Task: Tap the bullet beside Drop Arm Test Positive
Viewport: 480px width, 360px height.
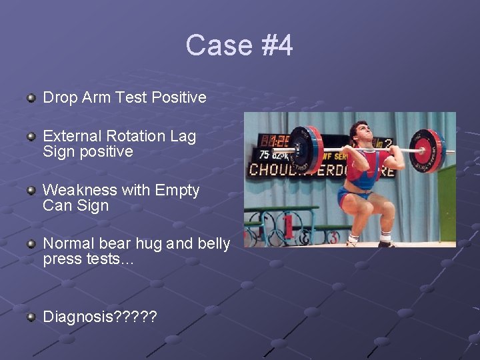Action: [31, 99]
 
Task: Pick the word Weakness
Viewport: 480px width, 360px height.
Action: [74, 190]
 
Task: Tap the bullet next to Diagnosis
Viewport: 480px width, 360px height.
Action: [31, 317]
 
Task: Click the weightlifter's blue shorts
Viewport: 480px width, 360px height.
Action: [354, 195]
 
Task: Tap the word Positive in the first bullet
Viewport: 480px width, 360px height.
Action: [179, 97]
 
